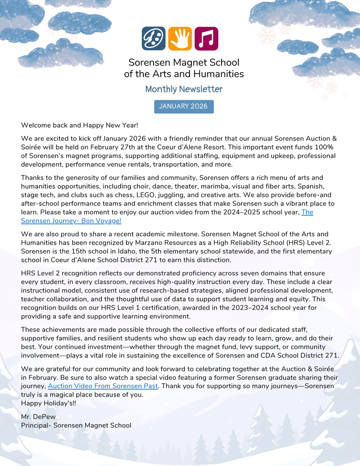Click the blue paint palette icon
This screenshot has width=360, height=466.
[154, 39]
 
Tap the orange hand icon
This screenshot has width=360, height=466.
[180, 39]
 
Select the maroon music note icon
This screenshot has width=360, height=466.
[206, 39]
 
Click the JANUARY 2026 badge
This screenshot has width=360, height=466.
[183, 106]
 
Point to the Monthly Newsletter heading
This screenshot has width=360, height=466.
[183, 89]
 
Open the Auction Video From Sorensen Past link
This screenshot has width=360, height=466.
[103, 386]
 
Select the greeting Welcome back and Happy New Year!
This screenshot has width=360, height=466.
[80, 125]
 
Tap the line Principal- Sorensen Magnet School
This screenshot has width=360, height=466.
[76, 425]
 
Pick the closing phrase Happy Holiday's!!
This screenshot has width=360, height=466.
[48, 403]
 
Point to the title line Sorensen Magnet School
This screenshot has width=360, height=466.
[183, 62]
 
